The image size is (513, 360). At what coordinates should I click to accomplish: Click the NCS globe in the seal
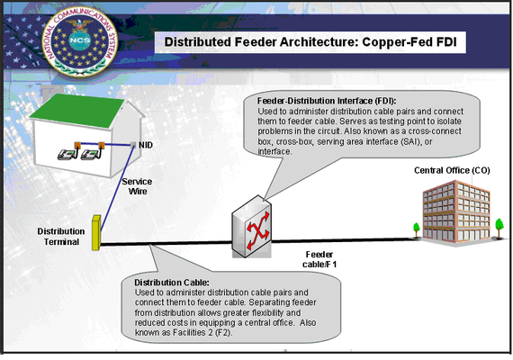[79, 40]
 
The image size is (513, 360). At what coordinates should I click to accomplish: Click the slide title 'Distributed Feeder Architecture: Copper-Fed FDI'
[310, 42]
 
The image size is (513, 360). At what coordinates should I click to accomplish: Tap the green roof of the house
[76, 111]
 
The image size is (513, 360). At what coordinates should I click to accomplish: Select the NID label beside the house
[146, 145]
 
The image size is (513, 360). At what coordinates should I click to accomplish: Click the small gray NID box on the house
[133, 145]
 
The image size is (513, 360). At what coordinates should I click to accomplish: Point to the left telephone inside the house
[67, 154]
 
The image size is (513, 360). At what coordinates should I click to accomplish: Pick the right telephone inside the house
[91, 154]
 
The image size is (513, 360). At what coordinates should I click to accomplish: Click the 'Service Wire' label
[137, 186]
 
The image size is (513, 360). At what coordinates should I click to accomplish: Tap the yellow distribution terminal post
[96, 233]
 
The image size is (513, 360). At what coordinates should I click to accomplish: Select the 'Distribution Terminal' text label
[61, 237]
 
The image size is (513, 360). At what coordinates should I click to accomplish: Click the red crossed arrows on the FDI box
[258, 230]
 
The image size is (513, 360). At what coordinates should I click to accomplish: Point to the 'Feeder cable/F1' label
[319, 259]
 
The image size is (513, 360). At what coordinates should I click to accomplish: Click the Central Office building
[456, 211]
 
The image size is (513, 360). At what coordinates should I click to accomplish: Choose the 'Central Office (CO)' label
[452, 170]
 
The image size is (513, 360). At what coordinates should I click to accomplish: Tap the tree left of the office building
[416, 229]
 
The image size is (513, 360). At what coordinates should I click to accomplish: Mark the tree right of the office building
[499, 228]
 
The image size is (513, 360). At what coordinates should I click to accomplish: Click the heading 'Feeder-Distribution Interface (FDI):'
[327, 101]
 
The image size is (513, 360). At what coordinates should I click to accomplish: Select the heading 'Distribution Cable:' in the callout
[172, 283]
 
